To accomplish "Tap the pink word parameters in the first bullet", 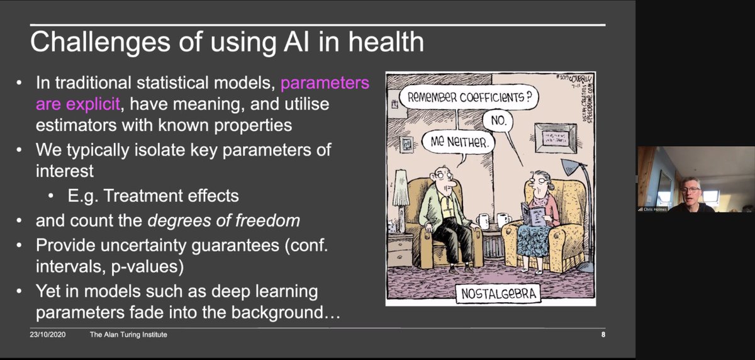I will click(x=325, y=83).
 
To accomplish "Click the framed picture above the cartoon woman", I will click(x=553, y=136).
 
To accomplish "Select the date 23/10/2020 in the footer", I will click(x=45, y=335).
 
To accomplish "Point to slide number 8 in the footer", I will click(x=603, y=335).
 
